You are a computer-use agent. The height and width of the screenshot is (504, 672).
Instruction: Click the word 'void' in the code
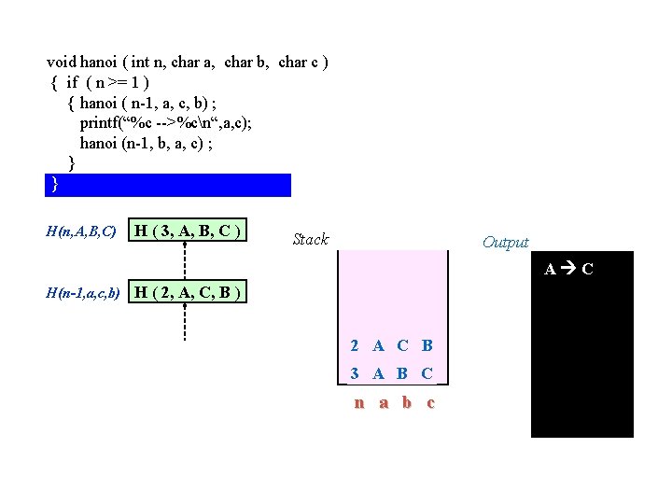(x=62, y=63)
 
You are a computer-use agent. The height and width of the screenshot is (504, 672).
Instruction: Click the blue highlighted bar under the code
(x=168, y=185)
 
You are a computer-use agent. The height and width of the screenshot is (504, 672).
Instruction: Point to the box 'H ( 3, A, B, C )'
(x=189, y=231)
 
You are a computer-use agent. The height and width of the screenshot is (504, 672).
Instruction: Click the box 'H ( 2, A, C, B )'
(x=189, y=293)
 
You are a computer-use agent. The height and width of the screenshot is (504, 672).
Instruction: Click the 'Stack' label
(x=310, y=240)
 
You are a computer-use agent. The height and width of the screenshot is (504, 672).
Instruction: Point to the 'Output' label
(x=505, y=243)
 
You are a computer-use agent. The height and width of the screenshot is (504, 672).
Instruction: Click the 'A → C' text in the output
(x=568, y=270)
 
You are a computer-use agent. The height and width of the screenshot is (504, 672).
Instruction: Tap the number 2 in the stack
(x=355, y=345)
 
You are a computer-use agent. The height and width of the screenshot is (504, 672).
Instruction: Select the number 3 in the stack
(x=355, y=373)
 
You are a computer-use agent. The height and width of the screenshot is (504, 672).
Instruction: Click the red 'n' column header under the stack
(x=358, y=403)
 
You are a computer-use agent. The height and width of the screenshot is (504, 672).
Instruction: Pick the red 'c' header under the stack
(x=430, y=403)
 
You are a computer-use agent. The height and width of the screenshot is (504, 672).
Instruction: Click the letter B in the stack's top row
(x=427, y=345)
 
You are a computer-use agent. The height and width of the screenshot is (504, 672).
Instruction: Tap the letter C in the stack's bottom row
(x=427, y=373)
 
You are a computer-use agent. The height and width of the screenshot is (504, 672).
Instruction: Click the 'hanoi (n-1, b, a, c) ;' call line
(x=152, y=143)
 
